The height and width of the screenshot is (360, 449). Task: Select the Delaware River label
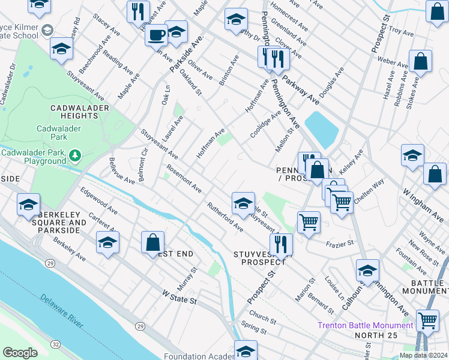coord(62,310)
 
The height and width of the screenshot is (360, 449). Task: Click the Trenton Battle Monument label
coord(365,325)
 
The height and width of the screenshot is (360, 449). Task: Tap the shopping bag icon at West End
coord(153,243)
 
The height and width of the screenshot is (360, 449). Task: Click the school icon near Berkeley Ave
coord(107,242)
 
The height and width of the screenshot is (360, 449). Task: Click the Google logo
coord(20,353)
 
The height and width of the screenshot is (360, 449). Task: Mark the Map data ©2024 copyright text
coord(423,355)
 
